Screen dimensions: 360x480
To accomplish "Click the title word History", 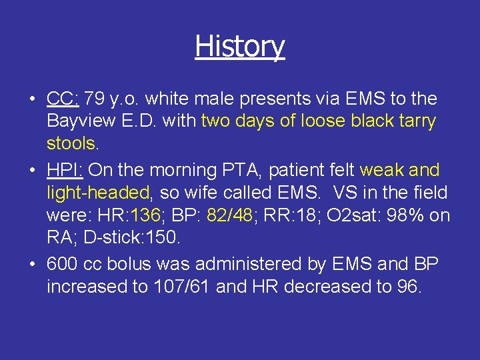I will [x=240, y=47].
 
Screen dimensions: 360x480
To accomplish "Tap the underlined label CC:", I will [x=63, y=99].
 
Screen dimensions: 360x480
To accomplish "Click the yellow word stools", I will [x=71, y=144].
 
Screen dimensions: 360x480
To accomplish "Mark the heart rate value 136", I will [x=145, y=216].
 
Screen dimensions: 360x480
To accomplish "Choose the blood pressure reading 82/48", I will [x=230, y=216].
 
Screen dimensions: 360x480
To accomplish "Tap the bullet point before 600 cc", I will [x=33, y=265].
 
